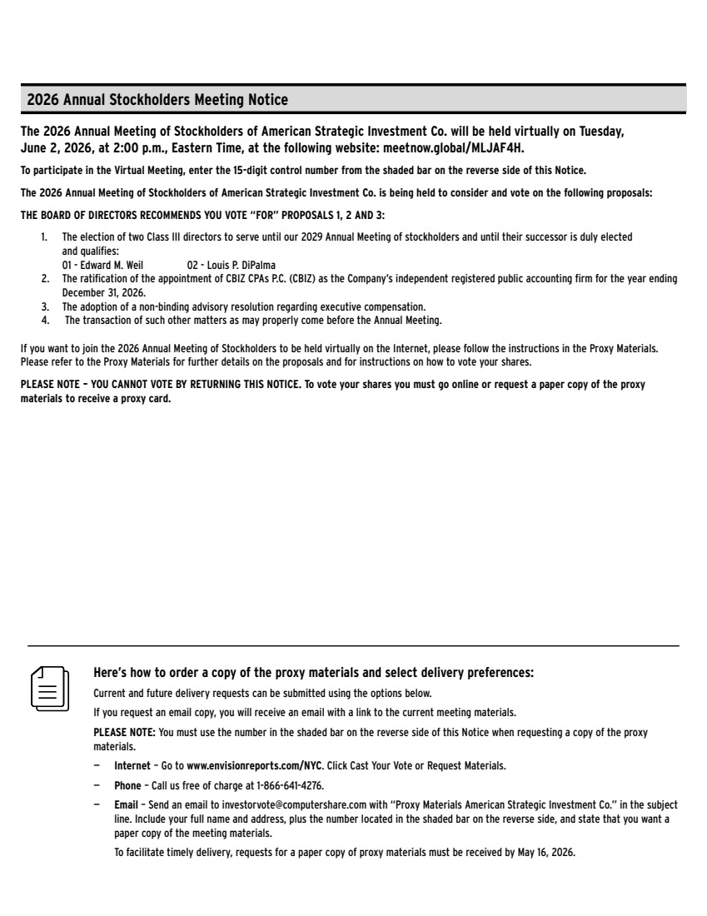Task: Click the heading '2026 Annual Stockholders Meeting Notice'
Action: [157, 100]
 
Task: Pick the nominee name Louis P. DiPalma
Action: [222, 266]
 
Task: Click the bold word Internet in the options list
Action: [132, 765]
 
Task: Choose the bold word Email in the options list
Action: [127, 805]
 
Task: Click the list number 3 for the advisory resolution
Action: [45, 306]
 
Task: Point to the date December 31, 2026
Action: [103, 293]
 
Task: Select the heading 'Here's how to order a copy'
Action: [313, 673]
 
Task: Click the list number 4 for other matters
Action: [45, 320]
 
